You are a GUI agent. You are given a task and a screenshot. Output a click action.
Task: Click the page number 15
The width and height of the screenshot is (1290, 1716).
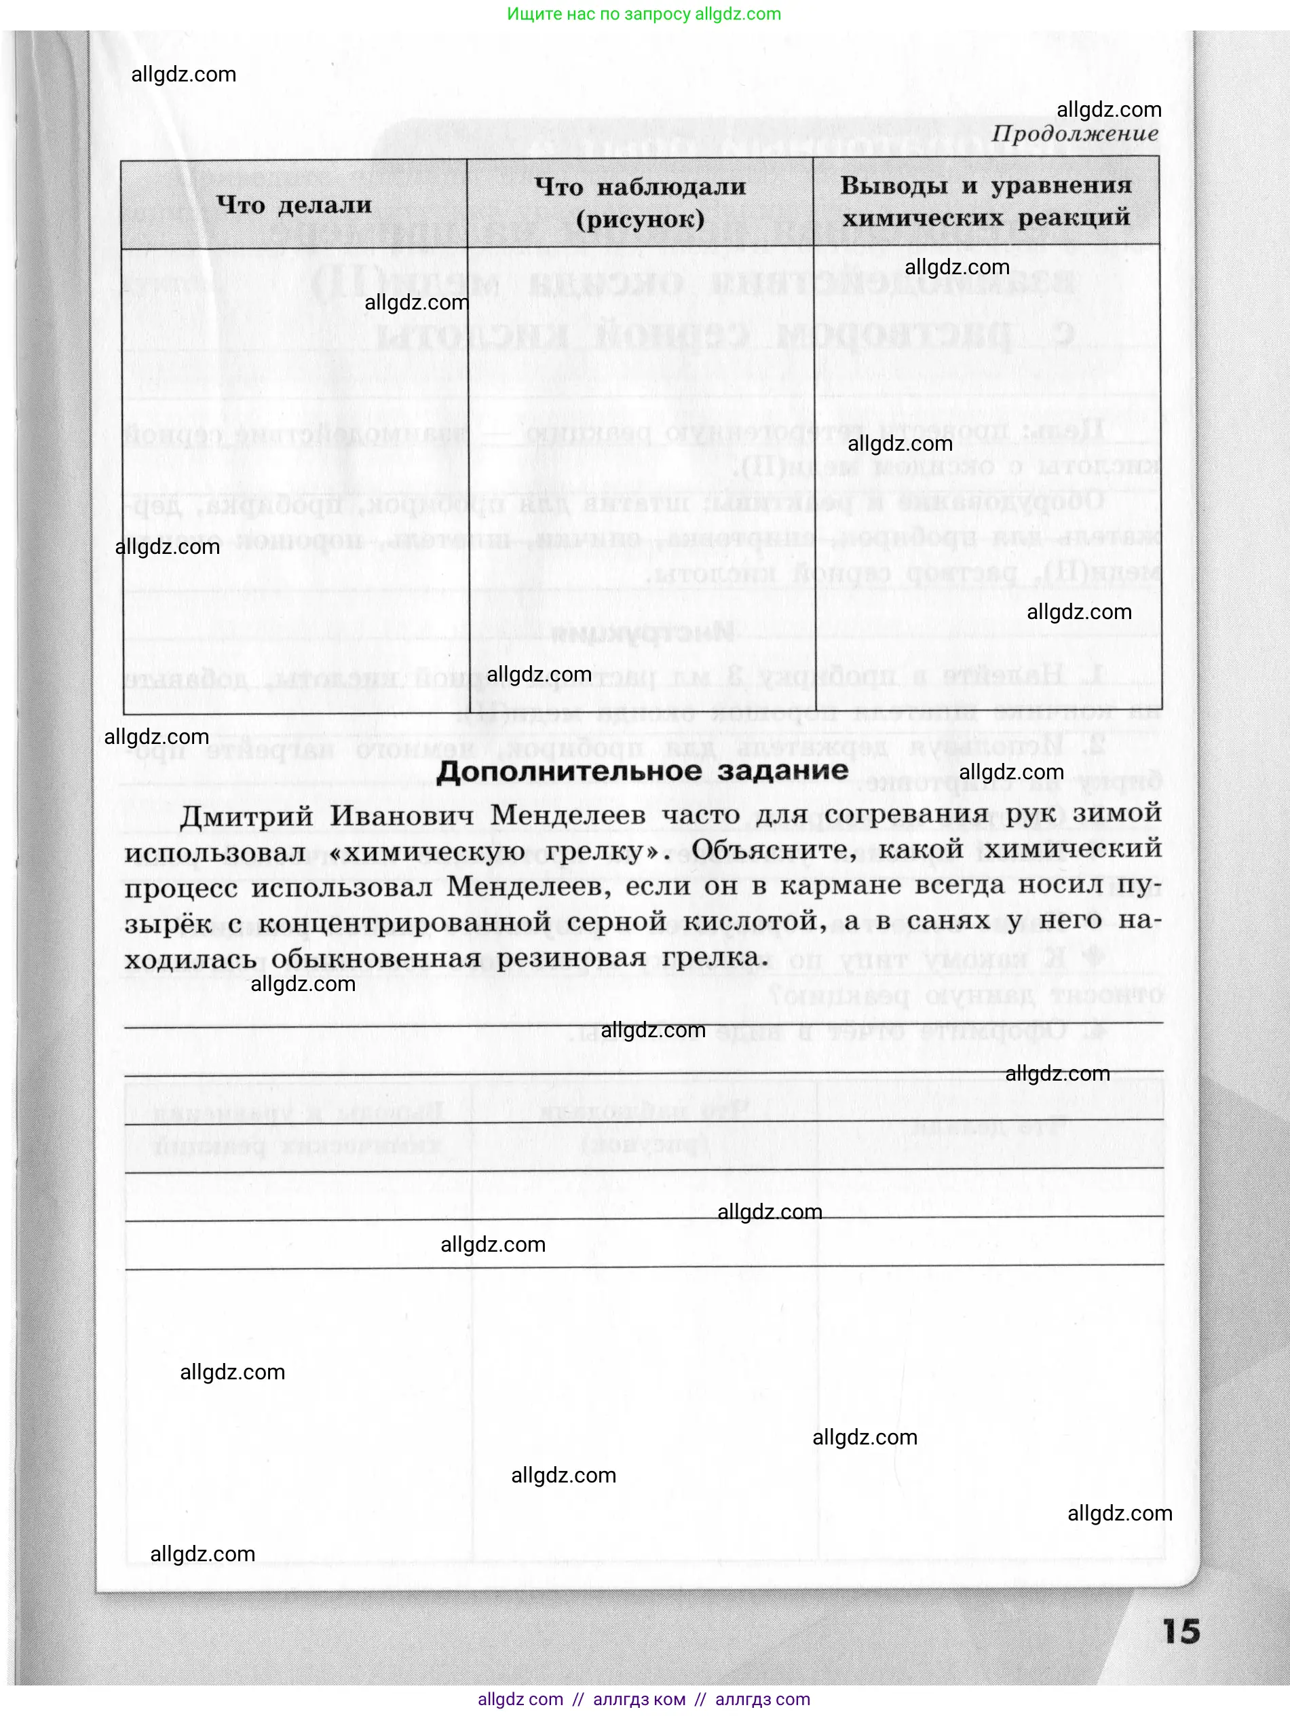[1181, 1630]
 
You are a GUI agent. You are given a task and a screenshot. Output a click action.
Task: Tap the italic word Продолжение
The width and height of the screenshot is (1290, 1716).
[1074, 134]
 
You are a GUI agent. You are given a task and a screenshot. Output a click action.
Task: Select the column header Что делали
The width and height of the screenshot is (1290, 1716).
[294, 205]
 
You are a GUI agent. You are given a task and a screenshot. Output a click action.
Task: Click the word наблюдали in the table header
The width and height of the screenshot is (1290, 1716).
[671, 187]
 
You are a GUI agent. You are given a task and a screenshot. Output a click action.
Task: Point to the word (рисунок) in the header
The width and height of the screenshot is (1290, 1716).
[640, 219]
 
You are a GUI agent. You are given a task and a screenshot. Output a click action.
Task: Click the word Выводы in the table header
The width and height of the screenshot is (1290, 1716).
[894, 185]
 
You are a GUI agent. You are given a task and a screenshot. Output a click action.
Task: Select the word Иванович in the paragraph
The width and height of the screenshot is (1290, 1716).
[401, 816]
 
